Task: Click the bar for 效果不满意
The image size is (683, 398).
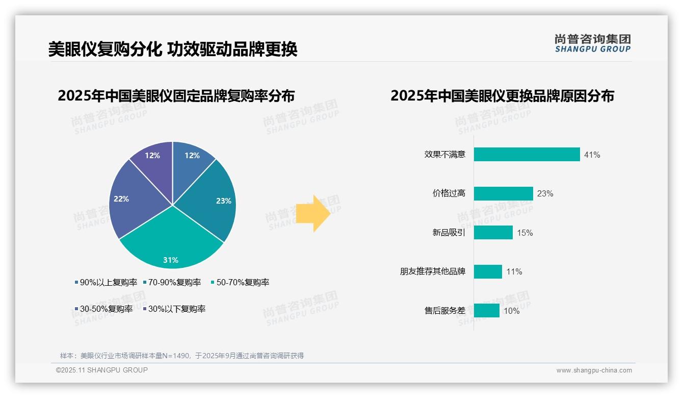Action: (527, 155)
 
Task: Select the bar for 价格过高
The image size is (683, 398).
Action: (503, 193)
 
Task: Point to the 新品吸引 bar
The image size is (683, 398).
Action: (493, 233)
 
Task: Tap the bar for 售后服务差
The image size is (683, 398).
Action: (486, 311)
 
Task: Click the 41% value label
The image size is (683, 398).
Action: (592, 155)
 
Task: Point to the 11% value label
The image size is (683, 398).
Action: (514, 272)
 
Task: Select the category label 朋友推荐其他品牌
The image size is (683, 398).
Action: (433, 271)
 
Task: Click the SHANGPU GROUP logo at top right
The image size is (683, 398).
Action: (592, 43)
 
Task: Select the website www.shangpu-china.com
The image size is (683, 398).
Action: (594, 370)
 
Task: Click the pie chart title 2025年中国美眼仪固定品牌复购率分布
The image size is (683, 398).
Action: (176, 96)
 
